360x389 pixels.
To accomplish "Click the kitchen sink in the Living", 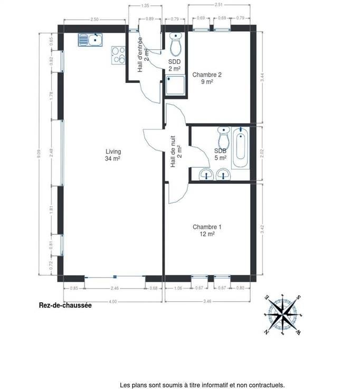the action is coord(90,40).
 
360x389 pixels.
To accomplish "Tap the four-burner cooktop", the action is coord(118,55).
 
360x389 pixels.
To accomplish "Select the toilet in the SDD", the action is coord(176,44).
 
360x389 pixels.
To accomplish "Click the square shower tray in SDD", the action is coord(175,85).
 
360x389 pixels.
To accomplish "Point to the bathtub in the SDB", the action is coord(241,148).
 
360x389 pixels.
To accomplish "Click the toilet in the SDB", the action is coord(224,137).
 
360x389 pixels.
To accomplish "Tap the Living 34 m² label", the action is coord(113,155).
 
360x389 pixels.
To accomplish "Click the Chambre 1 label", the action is coord(207,230).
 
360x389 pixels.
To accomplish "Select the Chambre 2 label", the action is coord(207,78).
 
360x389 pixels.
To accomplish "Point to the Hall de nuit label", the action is coord(176,151).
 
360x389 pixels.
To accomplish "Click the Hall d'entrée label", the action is coord(143,54).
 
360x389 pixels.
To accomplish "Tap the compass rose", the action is coord(283,315).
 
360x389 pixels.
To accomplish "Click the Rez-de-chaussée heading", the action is coord(65,305).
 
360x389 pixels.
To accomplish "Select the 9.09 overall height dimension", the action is coord(39,153).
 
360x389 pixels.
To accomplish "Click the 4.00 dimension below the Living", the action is coord(113,302).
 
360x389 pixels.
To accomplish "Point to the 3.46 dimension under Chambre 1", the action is coord(207,301).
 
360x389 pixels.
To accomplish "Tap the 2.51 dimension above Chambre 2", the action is coord(219,4).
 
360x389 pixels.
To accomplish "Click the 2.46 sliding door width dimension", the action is coord(115,288).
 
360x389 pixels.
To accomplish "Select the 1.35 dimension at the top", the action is coord(145,5).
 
